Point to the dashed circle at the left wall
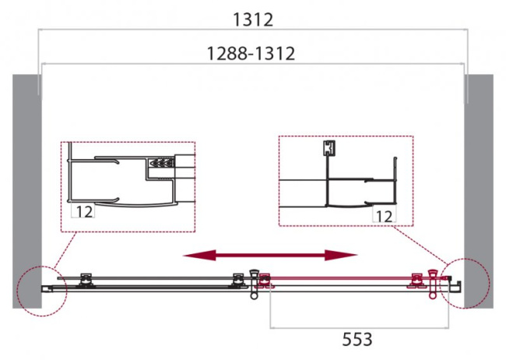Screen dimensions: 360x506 (x=44, y=290)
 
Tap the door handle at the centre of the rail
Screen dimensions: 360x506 (x=253, y=283)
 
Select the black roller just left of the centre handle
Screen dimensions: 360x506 (x=237, y=277)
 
